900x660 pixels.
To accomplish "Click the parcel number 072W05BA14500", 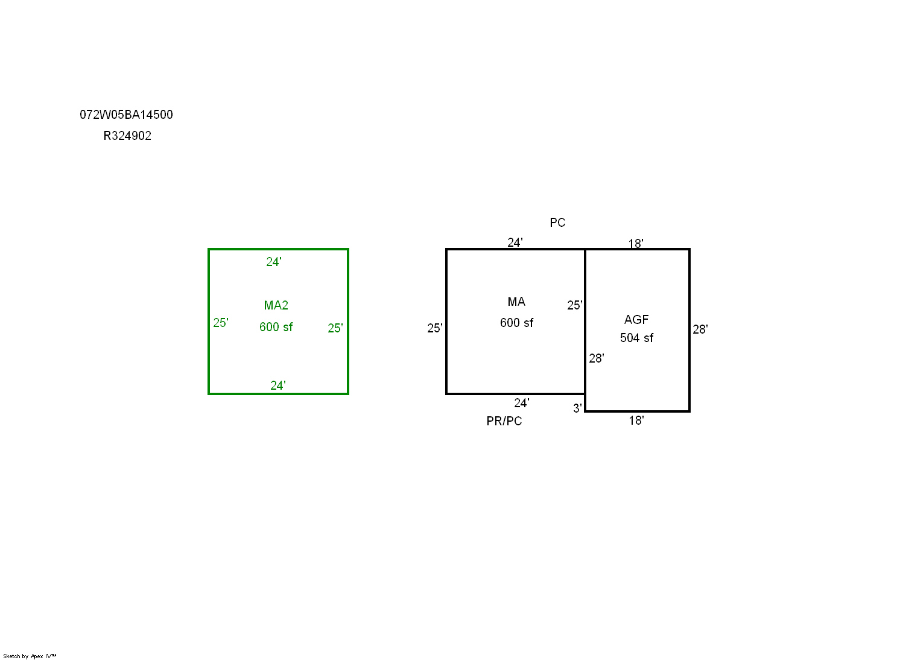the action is (126, 115).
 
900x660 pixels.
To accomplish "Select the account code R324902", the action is (127, 136).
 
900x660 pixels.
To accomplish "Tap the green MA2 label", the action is (276, 305).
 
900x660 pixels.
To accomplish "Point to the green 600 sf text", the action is (276, 327).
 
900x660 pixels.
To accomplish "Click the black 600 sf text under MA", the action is (517, 323).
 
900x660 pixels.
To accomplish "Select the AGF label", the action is (636, 320).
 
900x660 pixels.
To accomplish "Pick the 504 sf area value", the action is (637, 338).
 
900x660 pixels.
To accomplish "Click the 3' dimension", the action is (577, 408).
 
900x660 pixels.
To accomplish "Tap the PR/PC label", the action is (504, 421).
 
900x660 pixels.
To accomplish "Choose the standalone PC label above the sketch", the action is (558, 223).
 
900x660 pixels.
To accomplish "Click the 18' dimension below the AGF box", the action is (636, 420).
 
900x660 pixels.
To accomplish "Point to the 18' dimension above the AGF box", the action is (636, 244).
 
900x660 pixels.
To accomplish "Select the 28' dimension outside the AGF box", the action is (700, 329).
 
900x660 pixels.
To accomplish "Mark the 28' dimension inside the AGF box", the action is (597, 358).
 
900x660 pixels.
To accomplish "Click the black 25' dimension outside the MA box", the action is (435, 328).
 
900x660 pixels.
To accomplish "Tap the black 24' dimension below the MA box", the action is (522, 403).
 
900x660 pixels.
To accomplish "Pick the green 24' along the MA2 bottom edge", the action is (278, 386).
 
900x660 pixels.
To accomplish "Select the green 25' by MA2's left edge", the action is (221, 323).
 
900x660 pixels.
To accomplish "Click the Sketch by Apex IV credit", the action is (30, 656).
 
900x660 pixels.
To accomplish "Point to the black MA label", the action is (516, 302).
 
